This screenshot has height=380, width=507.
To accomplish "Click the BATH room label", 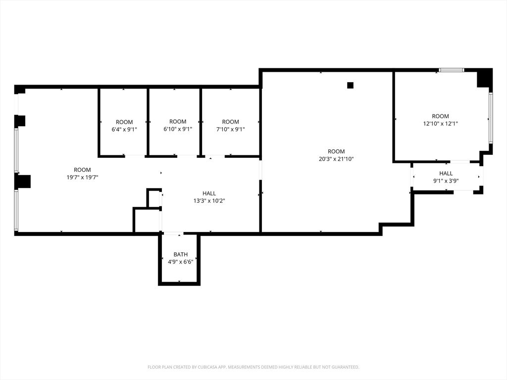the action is click(180, 254).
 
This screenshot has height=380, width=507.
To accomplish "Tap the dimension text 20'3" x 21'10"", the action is click(336, 159).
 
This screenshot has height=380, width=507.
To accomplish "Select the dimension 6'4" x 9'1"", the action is click(124, 130).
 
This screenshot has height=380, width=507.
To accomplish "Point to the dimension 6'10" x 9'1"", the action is click(178, 129).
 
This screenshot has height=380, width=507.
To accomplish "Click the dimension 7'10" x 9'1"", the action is click(230, 130).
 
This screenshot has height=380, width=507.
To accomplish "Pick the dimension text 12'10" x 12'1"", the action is click(440, 124).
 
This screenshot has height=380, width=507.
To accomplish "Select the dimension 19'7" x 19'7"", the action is click(82, 177).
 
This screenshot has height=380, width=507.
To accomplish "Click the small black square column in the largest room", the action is click(350, 85).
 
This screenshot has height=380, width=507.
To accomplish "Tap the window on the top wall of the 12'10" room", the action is click(451, 70).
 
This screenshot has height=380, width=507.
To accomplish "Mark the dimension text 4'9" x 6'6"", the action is click(180, 262).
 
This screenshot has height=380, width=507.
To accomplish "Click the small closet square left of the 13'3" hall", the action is click(154, 198).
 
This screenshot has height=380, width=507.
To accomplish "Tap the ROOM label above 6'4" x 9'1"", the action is click(124, 122).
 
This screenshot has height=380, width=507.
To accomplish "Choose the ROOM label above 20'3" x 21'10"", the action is click(336, 151).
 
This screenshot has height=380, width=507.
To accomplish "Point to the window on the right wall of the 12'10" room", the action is click(490, 118).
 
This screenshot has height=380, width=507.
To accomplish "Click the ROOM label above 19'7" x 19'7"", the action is click(82, 170).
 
